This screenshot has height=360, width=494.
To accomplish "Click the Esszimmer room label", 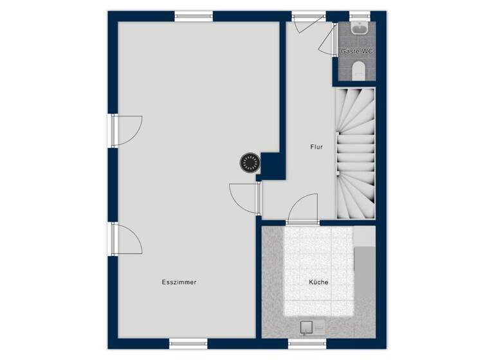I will coord(179,282).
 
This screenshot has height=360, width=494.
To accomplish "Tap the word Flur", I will coord(316,147).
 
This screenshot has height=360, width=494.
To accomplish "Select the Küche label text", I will coord(318,282).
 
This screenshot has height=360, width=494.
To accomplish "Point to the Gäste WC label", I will coord(357,51).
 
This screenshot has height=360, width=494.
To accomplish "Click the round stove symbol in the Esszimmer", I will coord(249,162).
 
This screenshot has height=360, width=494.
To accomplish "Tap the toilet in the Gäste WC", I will coord(359,69).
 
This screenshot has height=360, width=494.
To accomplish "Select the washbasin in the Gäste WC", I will coord(359,28).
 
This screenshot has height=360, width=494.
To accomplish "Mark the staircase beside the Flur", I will coord(356,154).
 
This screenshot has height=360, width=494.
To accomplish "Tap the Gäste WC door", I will coord(329,41).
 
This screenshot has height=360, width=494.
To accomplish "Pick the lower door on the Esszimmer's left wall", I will coord(125,239).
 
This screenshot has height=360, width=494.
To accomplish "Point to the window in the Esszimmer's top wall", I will coord(194,16).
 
